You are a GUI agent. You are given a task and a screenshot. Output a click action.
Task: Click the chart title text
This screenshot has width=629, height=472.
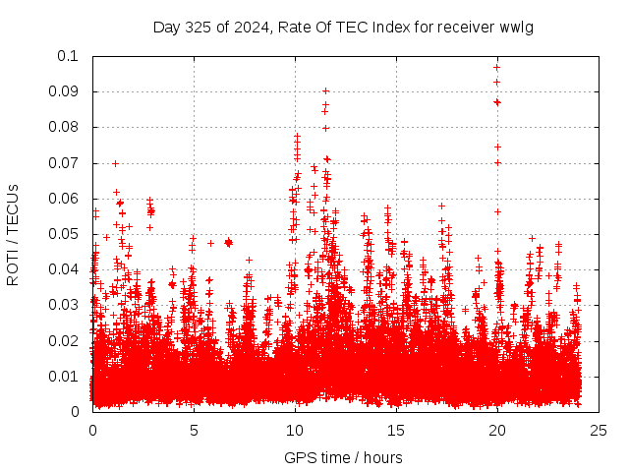click(x=343, y=27)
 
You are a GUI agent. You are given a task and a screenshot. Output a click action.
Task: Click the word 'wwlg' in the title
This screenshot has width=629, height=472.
click(x=516, y=27)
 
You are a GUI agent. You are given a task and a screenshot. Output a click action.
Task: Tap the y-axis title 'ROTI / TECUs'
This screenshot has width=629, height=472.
click(x=13, y=234)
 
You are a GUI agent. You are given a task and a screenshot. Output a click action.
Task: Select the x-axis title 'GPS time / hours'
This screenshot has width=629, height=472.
click(x=343, y=457)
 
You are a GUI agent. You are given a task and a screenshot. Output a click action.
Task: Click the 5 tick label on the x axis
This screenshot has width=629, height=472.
click(x=194, y=430)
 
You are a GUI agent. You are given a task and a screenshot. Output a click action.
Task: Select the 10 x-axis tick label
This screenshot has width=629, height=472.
click(x=295, y=430)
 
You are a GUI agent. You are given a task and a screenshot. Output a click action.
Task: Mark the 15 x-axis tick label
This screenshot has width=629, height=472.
click(x=396, y=430)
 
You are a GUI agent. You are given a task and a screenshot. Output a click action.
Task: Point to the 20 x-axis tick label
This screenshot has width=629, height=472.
click(x=497, y=430)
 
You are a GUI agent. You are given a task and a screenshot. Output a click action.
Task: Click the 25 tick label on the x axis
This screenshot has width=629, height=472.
click(x=598, y=430)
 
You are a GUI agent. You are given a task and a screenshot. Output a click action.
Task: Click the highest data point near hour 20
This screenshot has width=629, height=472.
click(x=497, y=67)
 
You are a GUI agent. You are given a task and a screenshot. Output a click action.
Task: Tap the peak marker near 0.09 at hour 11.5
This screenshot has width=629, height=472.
click(x=325, y=90)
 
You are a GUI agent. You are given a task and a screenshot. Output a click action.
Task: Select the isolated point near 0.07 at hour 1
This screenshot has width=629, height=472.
click(x=115, y=163)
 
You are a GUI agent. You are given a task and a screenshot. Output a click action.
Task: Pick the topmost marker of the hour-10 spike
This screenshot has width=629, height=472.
click(x=297, y=136)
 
